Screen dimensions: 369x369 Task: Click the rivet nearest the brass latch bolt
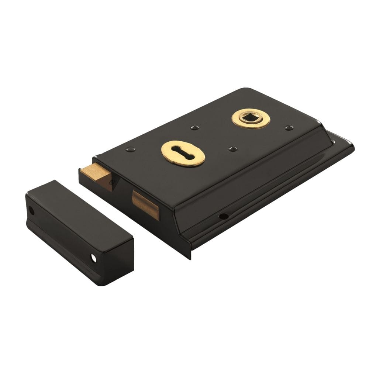[130, 149]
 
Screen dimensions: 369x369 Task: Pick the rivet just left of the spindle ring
[193, 128]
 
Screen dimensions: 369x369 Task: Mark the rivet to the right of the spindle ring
[289, 128]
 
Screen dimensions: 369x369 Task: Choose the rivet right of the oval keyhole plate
[232, 148]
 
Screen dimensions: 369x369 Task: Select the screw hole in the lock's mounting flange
[223, 216]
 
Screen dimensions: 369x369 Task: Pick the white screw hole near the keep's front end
[94, 258]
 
